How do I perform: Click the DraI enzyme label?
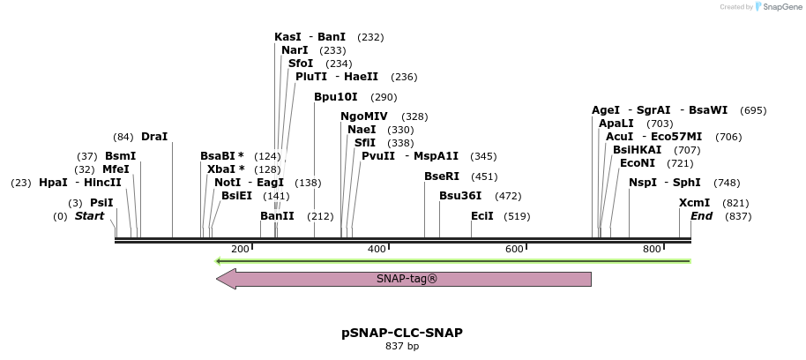(153, 137)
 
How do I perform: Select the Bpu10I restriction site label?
(335, 97)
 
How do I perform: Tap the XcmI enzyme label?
(694, 203)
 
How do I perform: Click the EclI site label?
(481, 216)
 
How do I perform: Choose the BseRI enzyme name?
(442, 176)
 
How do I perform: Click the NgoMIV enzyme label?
(363, 116)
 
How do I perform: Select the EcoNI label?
(638, 163)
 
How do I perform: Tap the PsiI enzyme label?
(101, 203)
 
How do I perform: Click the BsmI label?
(120, 156)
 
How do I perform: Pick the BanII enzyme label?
(277, 216)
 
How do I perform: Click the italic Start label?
(89, 216)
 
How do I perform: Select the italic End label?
(701, 216)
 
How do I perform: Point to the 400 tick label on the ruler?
(377, 250)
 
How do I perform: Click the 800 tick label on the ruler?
(652, 250)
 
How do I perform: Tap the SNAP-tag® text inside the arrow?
(407, 279)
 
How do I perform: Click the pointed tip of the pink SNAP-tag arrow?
(219, 279)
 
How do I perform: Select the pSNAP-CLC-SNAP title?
(402, 333)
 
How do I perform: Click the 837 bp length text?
(402, 346)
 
